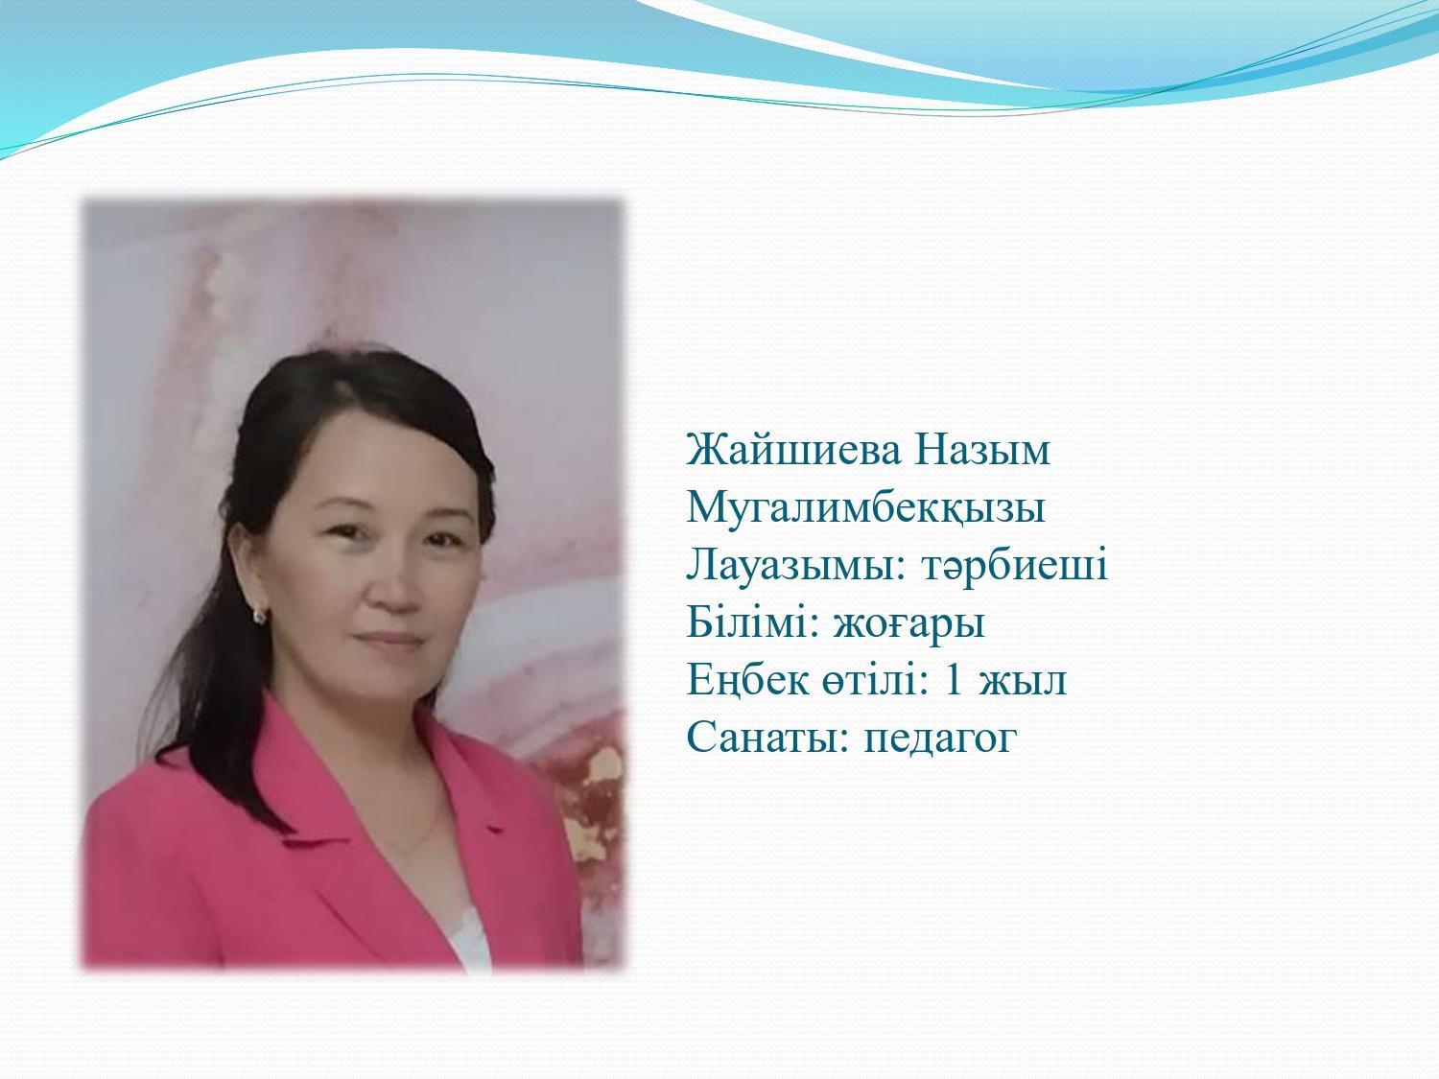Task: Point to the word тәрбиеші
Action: [x=1015, y=565]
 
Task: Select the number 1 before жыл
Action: [x=954, y=679]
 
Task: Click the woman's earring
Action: [x=260, y=615]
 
